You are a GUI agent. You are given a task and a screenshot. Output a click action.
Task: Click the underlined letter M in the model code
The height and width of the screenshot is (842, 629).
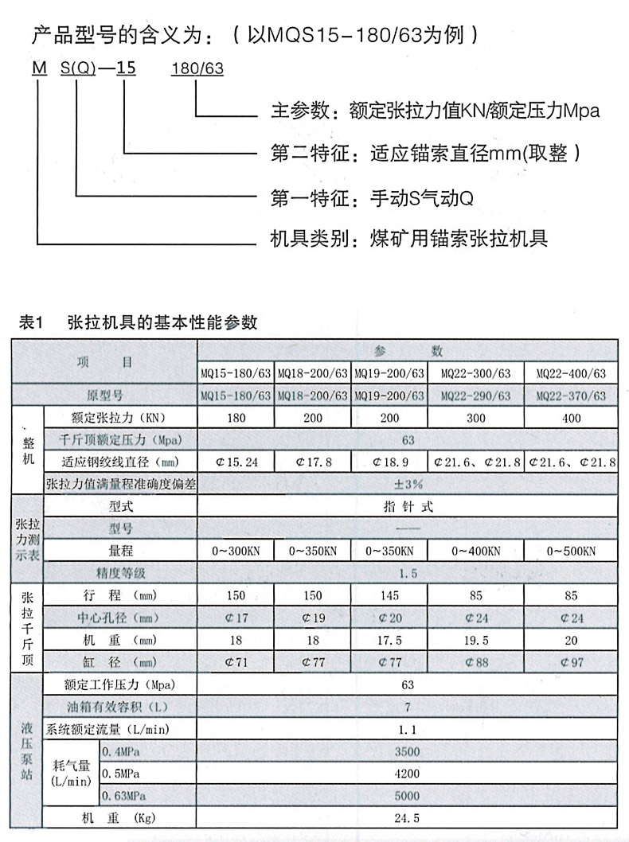coord(38,68)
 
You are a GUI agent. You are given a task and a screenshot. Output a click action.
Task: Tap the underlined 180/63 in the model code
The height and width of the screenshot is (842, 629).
coord(197,68)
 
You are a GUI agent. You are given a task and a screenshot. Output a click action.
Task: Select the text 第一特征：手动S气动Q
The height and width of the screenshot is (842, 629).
coord(372,196)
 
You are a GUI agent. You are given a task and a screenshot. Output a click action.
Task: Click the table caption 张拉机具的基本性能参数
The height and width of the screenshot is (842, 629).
coord(163,323)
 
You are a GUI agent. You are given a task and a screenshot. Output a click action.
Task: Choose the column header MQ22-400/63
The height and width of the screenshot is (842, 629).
coord(571,373)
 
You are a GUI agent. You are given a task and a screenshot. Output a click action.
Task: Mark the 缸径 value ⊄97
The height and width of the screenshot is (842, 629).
coord(571,661)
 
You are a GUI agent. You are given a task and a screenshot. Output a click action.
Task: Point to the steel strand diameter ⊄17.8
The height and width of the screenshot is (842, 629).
coord(313,462)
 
